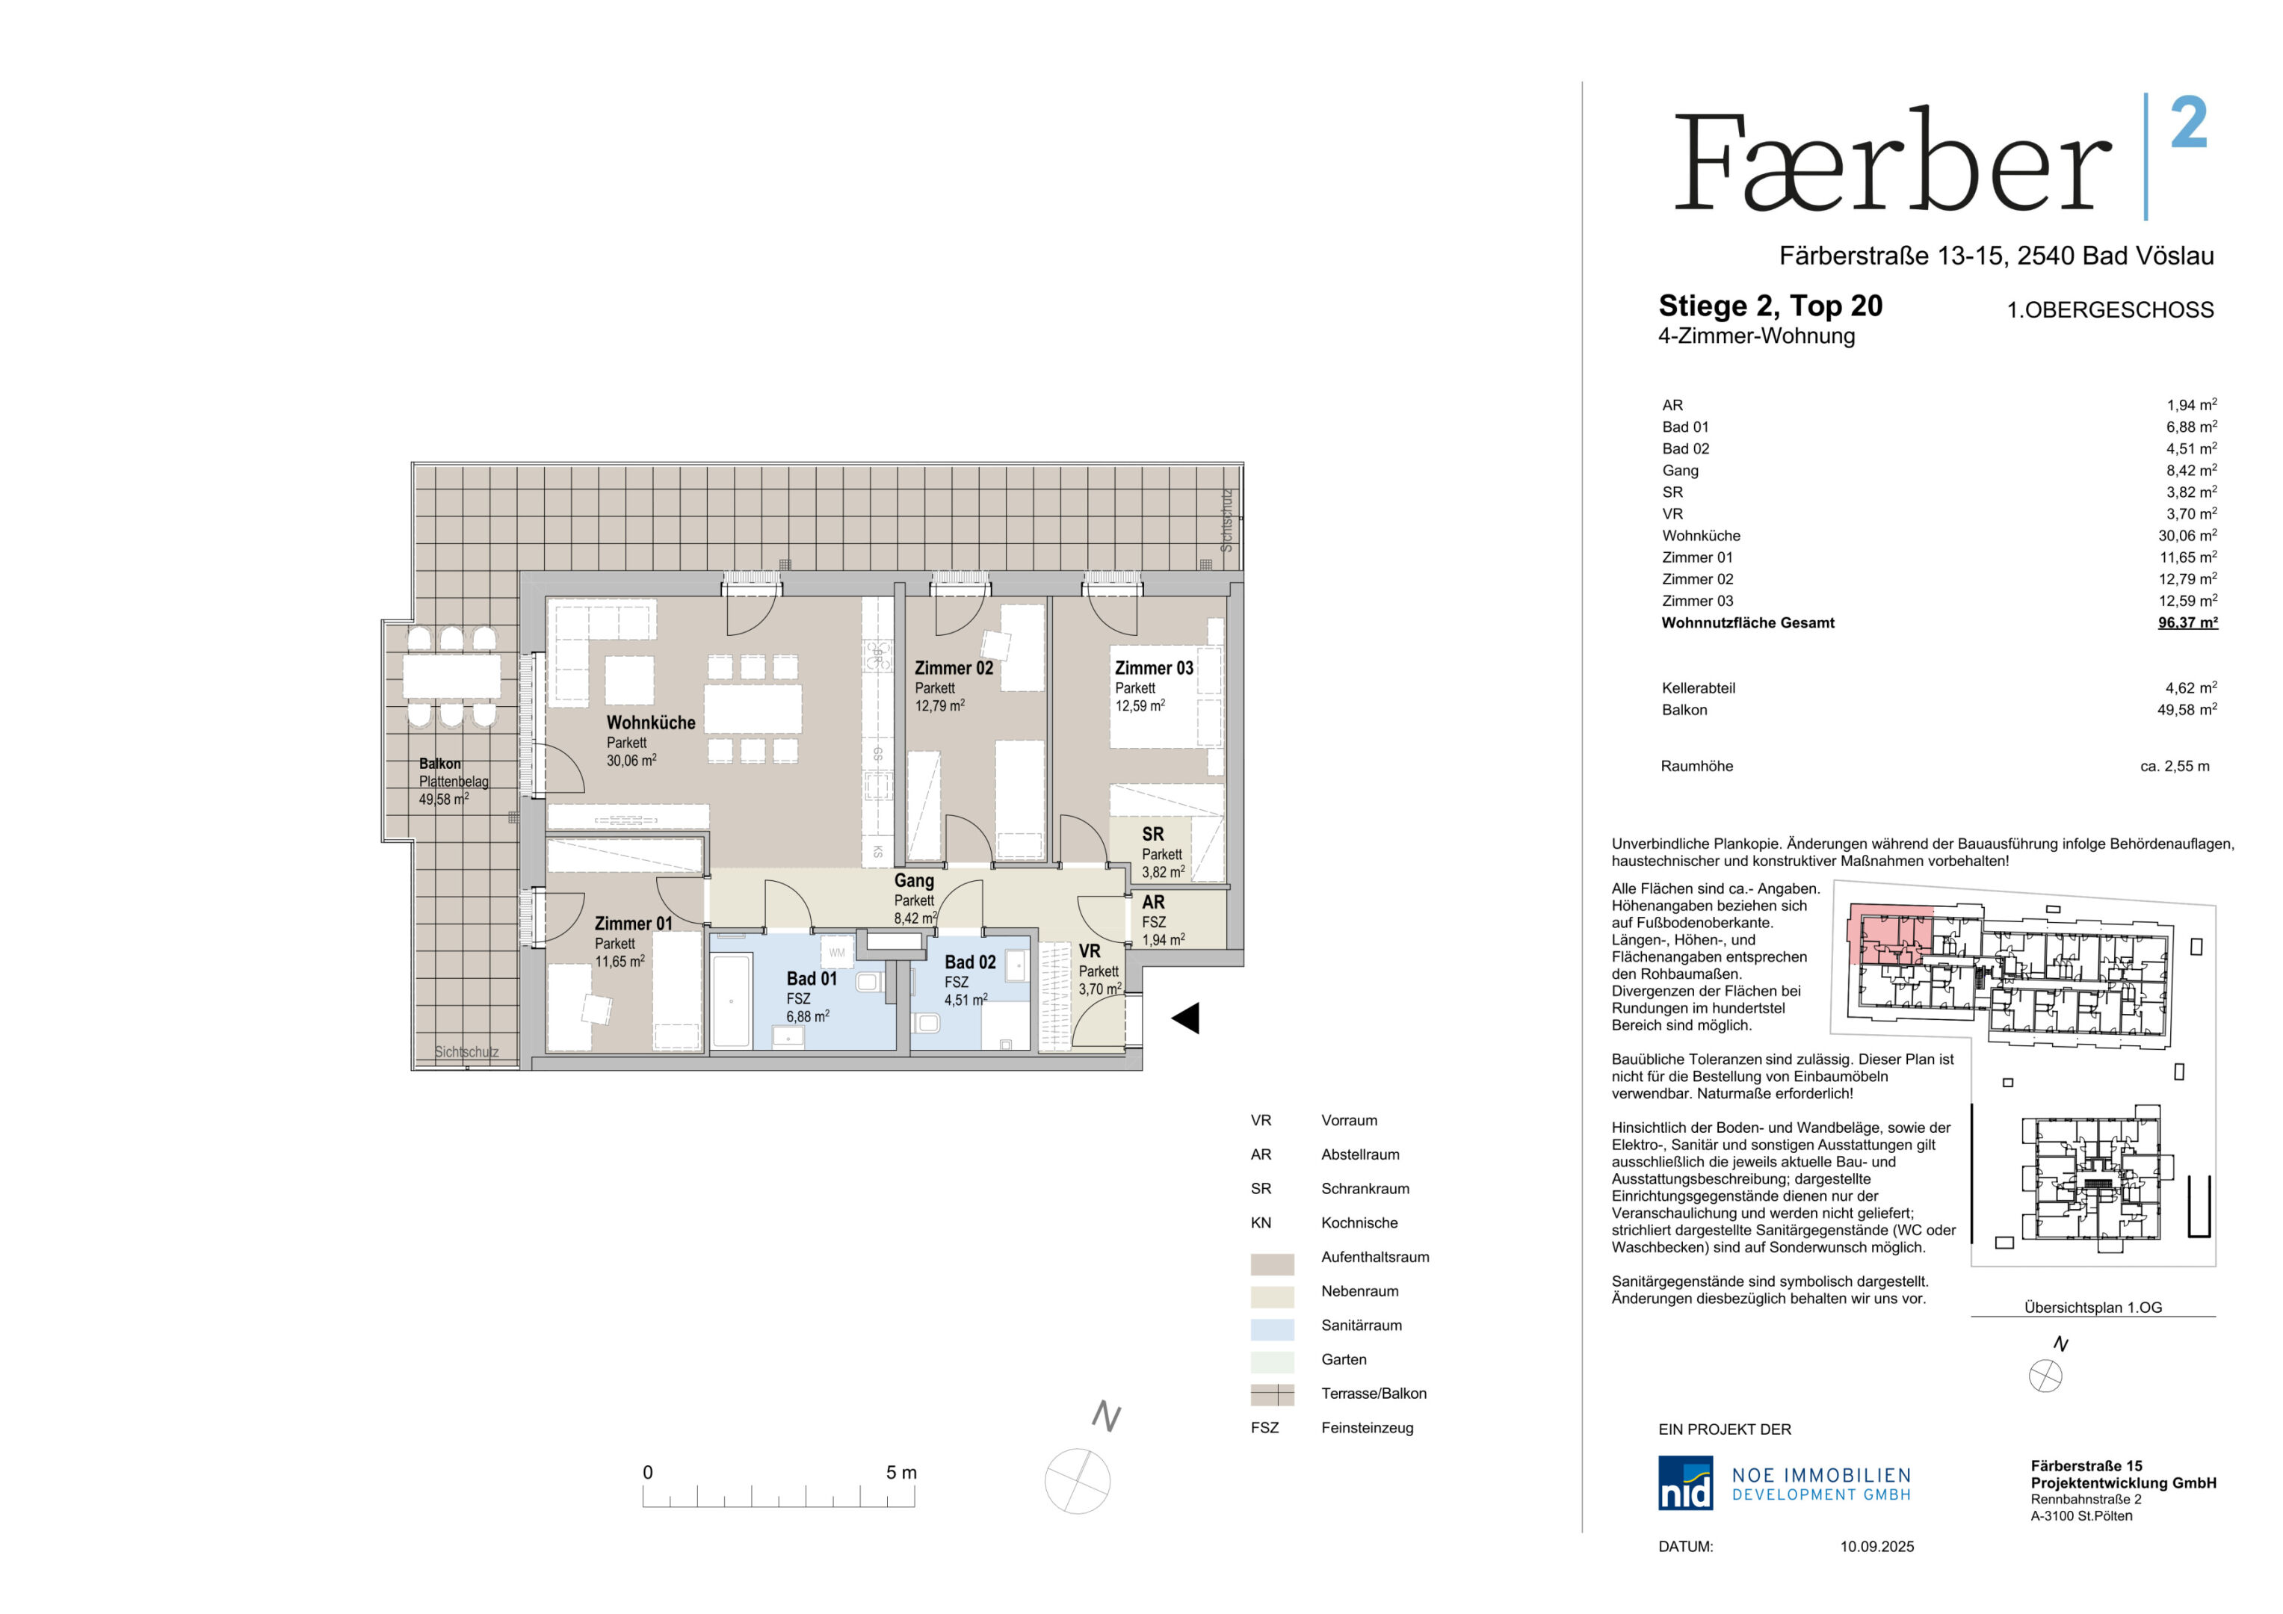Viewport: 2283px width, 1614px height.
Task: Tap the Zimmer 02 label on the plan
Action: pos(954,668)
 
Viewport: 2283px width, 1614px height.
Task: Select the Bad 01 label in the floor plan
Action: pos(812,979)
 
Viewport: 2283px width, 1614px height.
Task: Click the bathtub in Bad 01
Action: pos(731,1001)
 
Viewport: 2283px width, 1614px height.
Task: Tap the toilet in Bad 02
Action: pos(927,1021)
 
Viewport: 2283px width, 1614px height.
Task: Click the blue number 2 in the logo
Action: pos(2189,123)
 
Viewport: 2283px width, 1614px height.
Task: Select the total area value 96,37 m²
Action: pos(2187,622)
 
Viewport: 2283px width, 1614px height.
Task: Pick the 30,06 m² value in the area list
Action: pos(2187,535)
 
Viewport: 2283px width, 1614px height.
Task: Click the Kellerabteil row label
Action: pos(1699,688)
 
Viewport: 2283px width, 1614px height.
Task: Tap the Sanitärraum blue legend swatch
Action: pos(1272,1329)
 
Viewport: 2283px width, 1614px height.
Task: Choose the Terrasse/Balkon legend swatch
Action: pos(1272,1395)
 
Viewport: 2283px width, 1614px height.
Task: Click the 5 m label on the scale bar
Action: pos(901,1473)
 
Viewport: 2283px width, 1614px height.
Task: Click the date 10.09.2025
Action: pos(1876,1547)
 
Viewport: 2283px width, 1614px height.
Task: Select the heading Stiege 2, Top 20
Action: pos(1770,306)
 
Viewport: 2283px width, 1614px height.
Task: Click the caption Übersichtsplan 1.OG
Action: pos(2093,1308)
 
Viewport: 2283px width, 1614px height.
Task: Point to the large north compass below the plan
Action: pos(1078,1481)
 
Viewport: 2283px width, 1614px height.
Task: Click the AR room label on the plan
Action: pos(1152,903)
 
